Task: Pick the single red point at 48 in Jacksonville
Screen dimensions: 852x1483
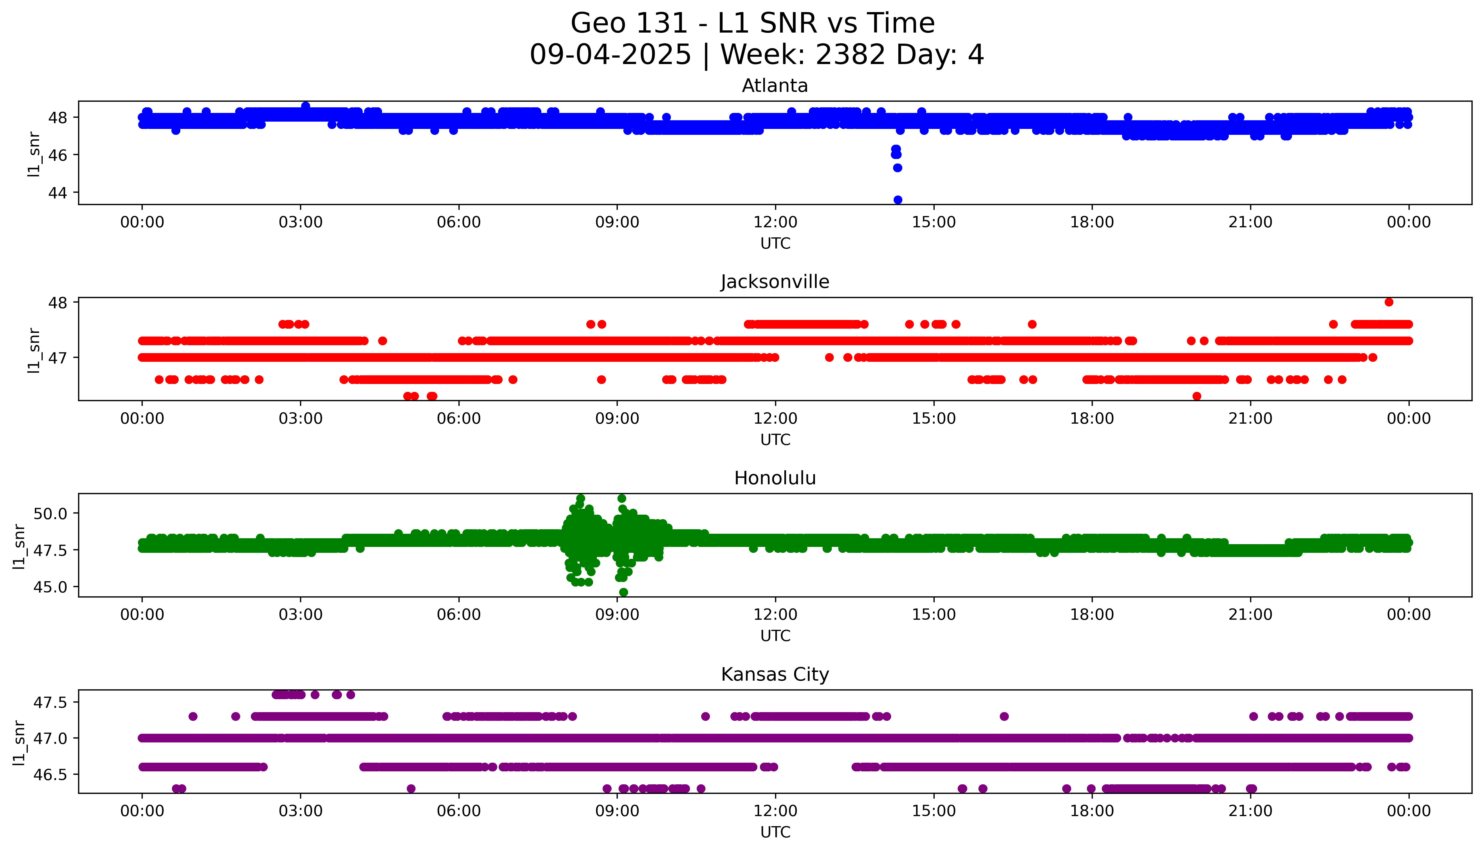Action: (1389, 302)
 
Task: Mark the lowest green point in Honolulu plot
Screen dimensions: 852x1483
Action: (624, 592)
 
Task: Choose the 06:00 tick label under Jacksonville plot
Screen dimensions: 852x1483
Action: (459, 418)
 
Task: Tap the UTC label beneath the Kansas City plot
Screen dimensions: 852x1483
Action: (775, 831)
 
